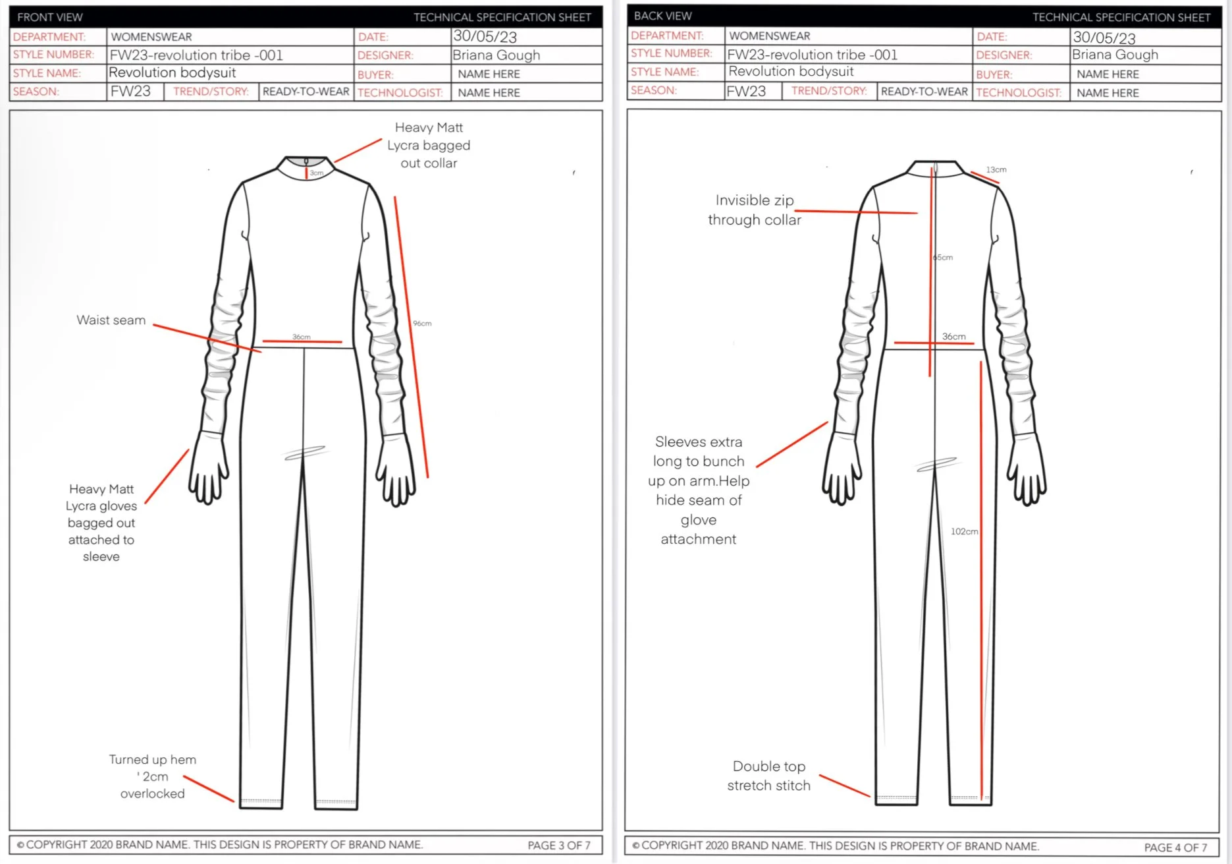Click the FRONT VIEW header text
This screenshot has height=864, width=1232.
[50, 17]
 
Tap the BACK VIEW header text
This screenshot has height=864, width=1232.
[662, 16]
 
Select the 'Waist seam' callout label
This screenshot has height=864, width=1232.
[111, 320]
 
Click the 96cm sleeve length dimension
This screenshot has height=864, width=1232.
[422, 324]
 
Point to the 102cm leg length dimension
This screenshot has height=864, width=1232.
[964, 531]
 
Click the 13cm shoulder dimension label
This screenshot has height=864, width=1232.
[996, 170]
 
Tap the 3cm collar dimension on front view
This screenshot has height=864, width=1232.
[317, 173]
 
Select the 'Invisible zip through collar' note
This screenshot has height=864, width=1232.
[755, 210]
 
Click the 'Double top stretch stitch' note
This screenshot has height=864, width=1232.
[768, 776]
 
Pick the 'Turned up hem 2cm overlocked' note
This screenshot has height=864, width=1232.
[152, 776]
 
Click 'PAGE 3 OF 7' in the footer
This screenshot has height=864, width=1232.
[558, 846]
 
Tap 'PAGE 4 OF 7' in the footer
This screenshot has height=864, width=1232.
[1175, 848]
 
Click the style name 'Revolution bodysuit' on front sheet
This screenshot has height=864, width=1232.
[173, 72]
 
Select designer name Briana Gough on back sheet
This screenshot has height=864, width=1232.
[1115, 55]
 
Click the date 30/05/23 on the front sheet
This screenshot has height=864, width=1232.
[485, 37]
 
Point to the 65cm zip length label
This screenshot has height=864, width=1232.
[943, 258]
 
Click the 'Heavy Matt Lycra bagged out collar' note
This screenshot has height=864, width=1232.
[429, 145]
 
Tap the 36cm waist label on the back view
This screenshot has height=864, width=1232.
[953, 337]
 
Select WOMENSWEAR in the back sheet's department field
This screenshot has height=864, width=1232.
[769, 36]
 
